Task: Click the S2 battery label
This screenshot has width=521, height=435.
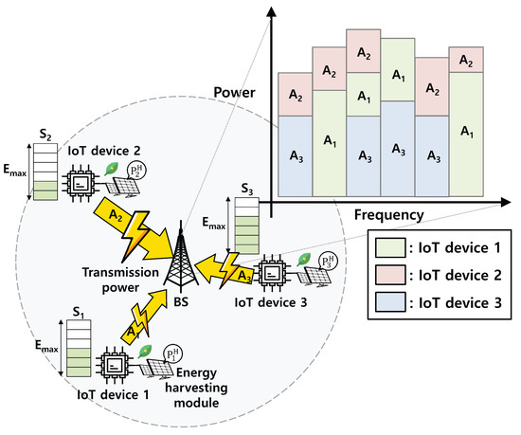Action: click(44, 135)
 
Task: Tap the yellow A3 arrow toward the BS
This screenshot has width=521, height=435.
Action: click(224, 267)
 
